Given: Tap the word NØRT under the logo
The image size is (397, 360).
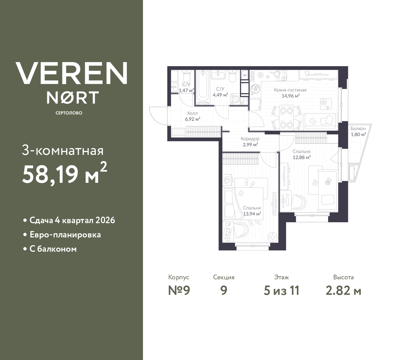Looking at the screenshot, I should [x=73, y=97].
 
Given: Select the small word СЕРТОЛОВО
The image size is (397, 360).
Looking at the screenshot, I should [x=69, y=113].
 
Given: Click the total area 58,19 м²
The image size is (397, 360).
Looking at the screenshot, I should [x=65, y=173].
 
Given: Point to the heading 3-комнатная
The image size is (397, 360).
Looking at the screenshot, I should [x=63, y=151].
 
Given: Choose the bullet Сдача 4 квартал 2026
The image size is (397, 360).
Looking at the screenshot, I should [x=72, y=220].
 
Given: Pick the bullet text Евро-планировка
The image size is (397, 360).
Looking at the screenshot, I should [x=65, y=235].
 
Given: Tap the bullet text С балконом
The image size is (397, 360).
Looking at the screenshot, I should [x=53, y=249].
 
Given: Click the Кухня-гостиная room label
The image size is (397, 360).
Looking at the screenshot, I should [x=290, y=90].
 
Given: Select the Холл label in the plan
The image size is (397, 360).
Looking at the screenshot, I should [x=192, y=113].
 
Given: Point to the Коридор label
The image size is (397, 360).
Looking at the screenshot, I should [x=250, y=139].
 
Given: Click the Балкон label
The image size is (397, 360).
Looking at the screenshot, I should [x=358, y=128].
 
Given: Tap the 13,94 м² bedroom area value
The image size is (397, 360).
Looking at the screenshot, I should [x=252, y=214].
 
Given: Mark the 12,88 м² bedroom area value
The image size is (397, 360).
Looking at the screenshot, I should [x=302, y=157].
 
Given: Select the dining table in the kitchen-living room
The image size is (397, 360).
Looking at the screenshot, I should [x=286, y=117].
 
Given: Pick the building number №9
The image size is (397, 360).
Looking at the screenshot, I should [x=179, y=290].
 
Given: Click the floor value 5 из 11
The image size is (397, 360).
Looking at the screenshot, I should [x=281, y=290].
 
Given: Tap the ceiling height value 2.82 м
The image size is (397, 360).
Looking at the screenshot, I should [x=343, y=290].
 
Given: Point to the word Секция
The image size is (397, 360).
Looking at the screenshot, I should [x=224, y=277].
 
